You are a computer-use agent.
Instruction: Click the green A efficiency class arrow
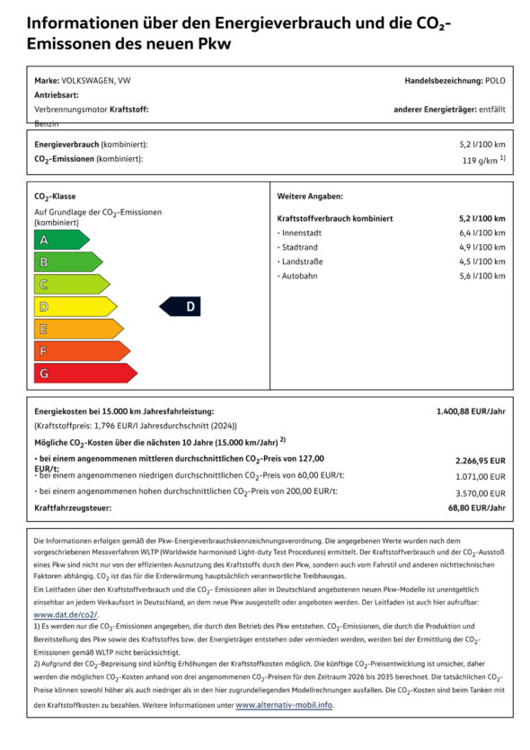click(x=60, y=240)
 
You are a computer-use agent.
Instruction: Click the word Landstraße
click(x=303, y=261)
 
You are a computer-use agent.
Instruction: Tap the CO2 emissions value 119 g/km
click(x=481, y=161)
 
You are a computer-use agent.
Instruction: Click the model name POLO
click(x=495, y=81)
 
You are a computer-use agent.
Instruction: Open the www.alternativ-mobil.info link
click(x=284, y=706)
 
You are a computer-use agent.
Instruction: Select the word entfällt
click(x=492, y=109)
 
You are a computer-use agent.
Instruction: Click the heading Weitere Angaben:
click(x=310, y=196)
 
